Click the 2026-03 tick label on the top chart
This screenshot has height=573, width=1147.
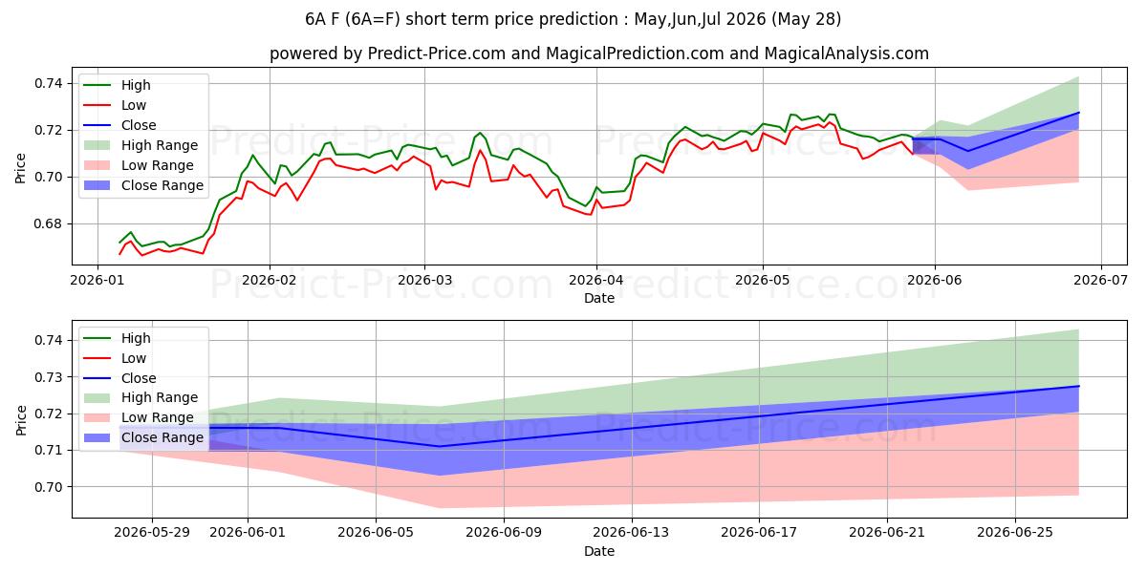[424, 280]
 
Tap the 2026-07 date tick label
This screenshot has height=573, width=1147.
[1101, 280]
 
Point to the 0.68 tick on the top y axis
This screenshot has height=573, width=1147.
[49, 224]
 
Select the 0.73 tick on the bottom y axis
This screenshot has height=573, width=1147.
[49, 377]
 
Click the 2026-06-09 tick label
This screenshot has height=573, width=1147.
[504, 533]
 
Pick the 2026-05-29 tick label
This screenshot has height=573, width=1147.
[152, 533]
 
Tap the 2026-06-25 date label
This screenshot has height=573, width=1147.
[1015, 533]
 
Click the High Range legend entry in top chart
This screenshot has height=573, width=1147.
[141, 145]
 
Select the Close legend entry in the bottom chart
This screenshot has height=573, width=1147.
[119, 378]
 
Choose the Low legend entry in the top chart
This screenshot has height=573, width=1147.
[115, 105]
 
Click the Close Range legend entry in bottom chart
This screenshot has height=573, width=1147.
[143, 437]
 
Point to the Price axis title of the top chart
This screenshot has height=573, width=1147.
[20, 168]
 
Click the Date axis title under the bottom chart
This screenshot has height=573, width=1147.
[599, 551]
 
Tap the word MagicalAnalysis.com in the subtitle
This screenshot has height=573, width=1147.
[847, 53]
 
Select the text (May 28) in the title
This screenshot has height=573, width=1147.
[807, 19]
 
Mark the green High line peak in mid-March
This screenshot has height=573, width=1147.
[480, 133]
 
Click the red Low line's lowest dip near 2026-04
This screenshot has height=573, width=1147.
[591, 214]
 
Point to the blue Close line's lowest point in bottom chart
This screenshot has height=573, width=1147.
[440, 446]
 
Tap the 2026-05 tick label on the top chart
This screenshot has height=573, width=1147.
[763, 280]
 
